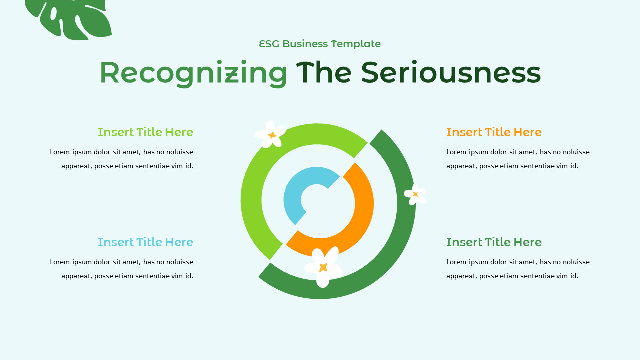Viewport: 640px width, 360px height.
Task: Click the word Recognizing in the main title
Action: click(x=193, y=73)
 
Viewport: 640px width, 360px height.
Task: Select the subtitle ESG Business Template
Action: click(x=320, y=44)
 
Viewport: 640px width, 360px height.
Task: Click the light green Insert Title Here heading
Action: click(x=145, y=132)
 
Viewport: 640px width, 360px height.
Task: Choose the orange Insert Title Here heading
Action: click(x=494, y=132)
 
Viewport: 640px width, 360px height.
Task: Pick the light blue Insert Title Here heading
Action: click(x=145, y=242)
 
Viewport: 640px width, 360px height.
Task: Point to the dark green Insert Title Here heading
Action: click(x=494, y=242)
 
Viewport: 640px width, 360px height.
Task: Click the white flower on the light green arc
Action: click(x=270, y=134)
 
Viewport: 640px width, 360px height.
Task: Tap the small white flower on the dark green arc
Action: click(x=415, y=194)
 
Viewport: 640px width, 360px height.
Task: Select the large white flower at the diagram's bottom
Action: click(x=323, y=267)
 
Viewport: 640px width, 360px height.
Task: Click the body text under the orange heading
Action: click(x=518, y=159)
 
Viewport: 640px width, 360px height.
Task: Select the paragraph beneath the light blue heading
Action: click(x=121, y=269)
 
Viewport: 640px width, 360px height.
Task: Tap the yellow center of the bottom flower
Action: click(x=323, y=267)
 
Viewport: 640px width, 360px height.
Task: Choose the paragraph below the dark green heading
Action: click(x=518, y=269)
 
